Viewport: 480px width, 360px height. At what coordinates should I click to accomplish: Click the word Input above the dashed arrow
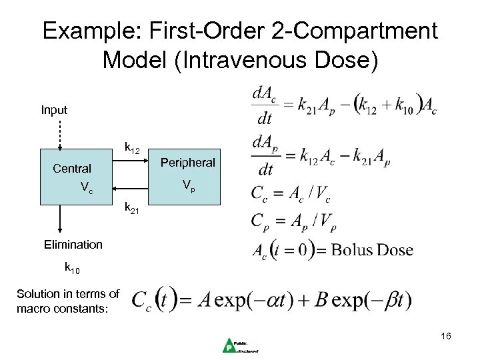[x=54, y=109]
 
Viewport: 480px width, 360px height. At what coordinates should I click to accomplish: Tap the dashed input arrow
[x=60, y=133]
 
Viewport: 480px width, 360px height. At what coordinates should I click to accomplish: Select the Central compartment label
[x=72, y=169]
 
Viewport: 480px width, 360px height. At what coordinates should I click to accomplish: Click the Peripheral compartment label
[x=188, y=163]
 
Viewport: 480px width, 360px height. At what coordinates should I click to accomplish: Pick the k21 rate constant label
[x=132, y=211]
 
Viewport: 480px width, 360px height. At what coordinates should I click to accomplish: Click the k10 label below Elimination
[x=72, y=269]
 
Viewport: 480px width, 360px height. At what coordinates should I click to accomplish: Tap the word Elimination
[x=73, y=245]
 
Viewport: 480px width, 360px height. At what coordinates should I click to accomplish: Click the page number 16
[x=445, y=337]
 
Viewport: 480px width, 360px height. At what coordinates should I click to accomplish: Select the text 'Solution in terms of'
[x=68, y=294]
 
